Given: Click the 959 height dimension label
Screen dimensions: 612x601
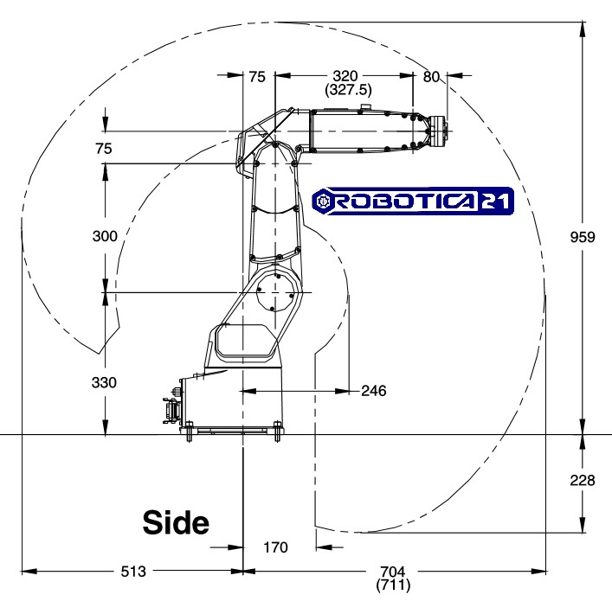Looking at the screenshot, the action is point(583,237).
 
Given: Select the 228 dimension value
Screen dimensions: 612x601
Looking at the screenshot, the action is point(583,480).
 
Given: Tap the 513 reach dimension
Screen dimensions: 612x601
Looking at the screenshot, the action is point(133,572).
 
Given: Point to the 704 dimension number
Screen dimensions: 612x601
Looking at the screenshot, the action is point(393,572).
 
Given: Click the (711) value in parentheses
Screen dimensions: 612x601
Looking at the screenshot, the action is point(393,585).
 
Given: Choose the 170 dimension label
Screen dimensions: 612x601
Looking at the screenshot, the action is point(275,547).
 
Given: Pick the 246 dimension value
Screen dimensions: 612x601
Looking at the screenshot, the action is point(374,391).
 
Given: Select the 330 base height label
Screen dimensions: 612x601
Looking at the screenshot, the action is point(104,382).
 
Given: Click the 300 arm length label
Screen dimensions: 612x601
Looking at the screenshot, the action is point(105,236).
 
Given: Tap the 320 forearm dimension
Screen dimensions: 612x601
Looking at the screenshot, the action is point(345,75).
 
